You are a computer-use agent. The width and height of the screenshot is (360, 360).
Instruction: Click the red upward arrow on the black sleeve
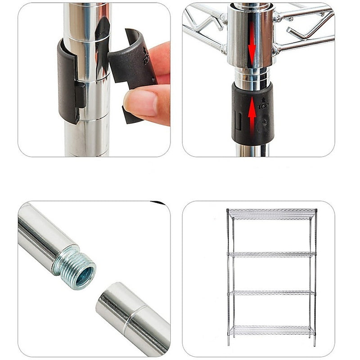point(252,115)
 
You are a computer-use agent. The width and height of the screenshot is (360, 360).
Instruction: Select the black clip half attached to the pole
point(67,81)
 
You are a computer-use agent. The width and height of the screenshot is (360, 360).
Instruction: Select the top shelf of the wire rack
point(272,214)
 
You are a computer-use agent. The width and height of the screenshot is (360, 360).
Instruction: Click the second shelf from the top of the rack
point(272,254)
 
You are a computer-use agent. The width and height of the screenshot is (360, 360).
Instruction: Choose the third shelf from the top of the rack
point(272,292)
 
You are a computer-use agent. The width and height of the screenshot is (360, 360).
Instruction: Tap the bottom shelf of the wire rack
point(272,331)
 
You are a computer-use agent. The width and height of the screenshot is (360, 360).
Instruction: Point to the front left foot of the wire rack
point(229,344)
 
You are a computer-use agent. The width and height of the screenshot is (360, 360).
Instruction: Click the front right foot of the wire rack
point(314,344)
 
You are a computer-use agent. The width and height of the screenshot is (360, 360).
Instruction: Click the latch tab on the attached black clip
point(81,94)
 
